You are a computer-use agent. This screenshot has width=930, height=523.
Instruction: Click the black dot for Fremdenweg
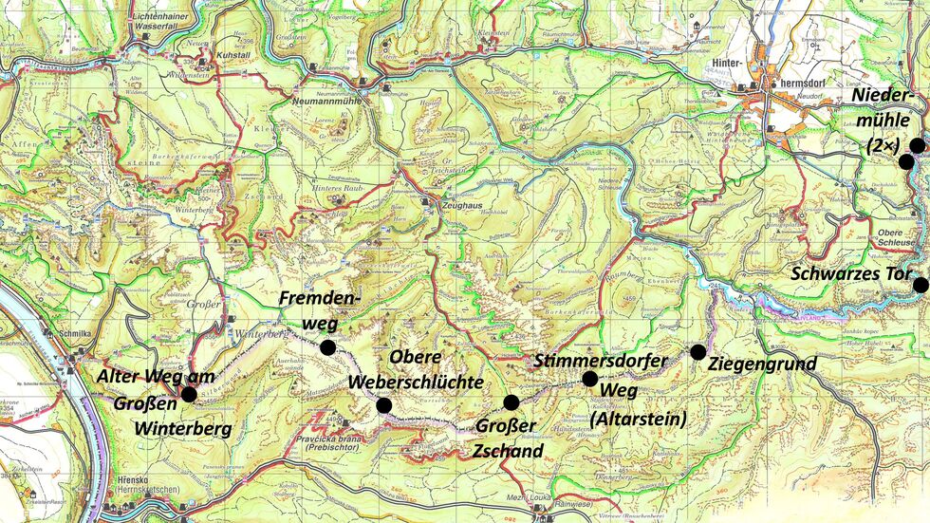tap(327, 347)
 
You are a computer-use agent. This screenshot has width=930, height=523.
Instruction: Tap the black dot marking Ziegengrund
tap(697, 352)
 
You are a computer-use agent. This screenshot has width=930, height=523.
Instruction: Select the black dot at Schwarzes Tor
tap(920, 285)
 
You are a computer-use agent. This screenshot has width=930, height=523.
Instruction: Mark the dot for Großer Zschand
tap(511, 402)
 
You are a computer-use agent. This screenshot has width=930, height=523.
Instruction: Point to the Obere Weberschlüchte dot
tap(383, 405)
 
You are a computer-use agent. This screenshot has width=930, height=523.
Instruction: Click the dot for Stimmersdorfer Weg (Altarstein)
tap(589, 379)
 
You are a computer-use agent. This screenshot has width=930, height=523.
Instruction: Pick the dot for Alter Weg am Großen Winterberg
tap(189, 394)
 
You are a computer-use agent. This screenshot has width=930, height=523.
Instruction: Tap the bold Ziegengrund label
tap(762, 362)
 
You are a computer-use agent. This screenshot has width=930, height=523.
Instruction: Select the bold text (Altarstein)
tap(629, 418)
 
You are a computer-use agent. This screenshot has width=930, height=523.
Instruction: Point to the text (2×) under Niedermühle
tap(883, 144)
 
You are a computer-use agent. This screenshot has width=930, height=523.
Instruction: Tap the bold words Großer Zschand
tap(509, 439)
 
